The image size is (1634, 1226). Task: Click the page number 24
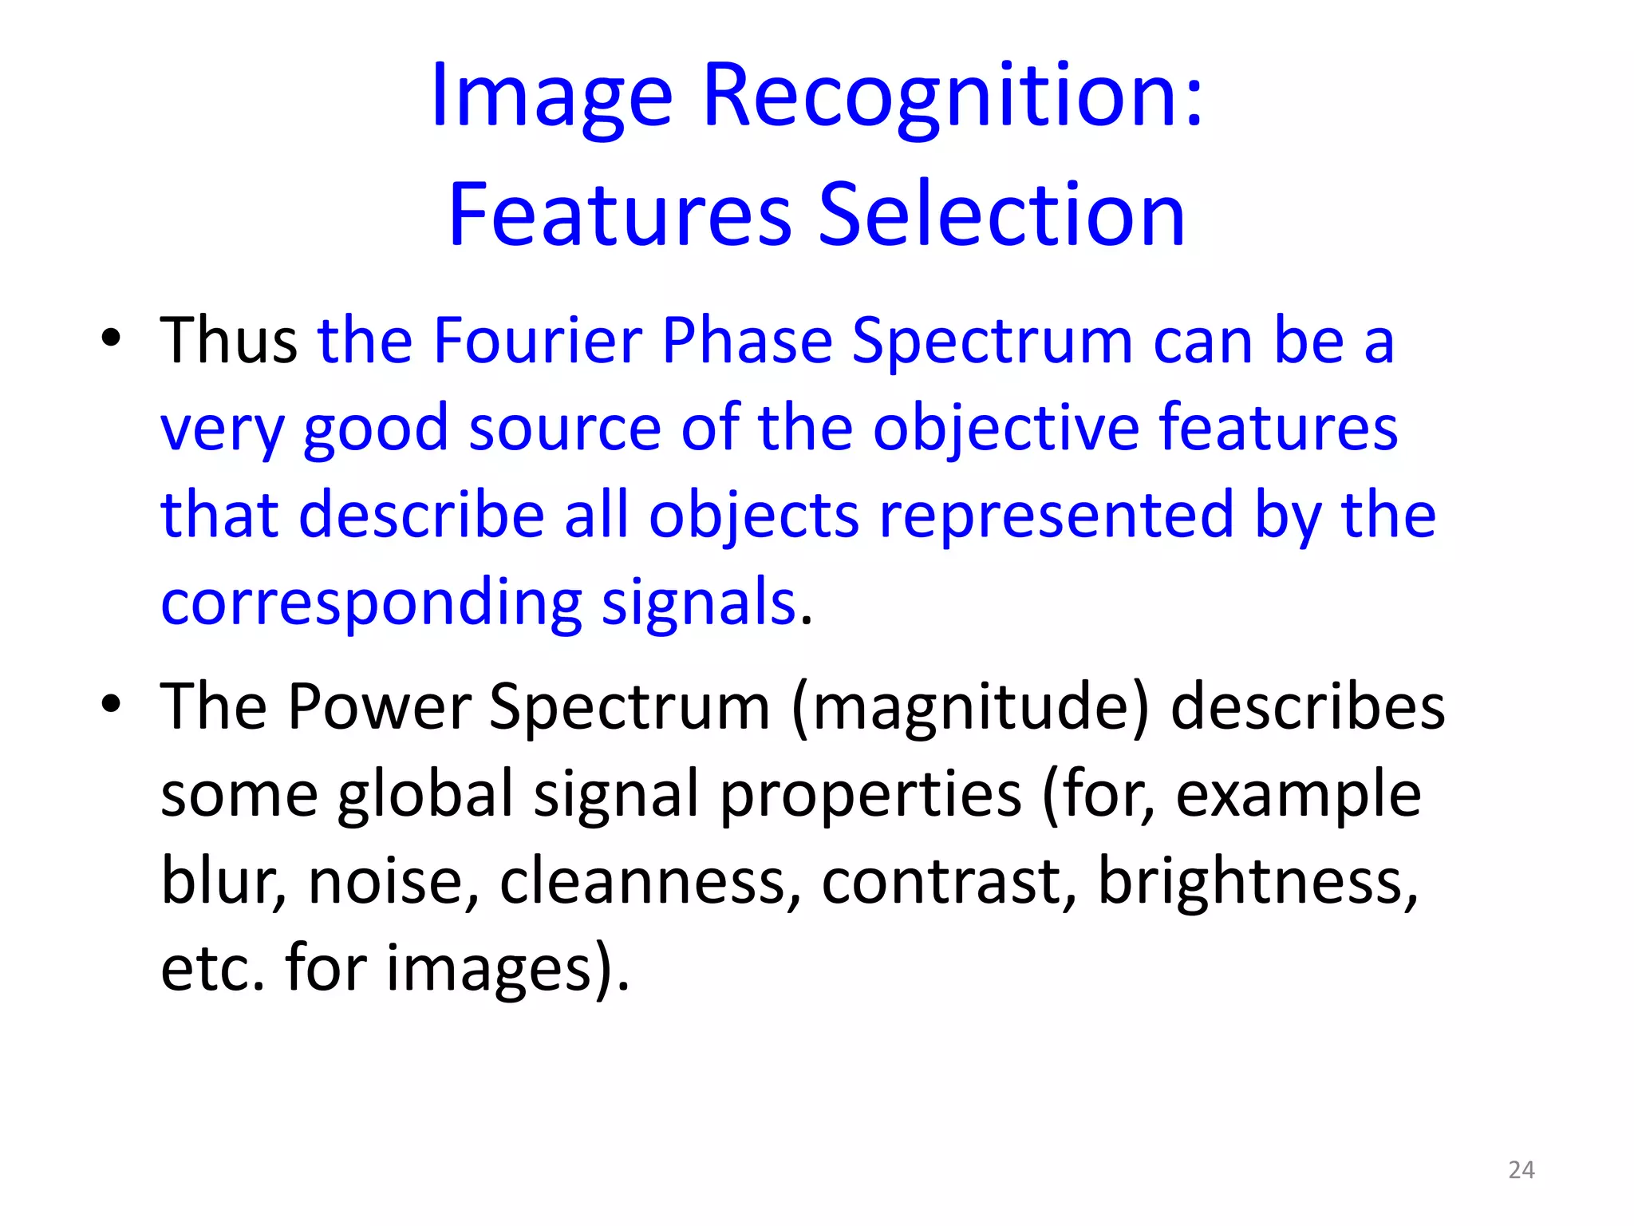click(x=1522, y=1170)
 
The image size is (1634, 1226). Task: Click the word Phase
click(x=748, y=341)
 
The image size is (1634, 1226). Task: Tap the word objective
click(x=1006, y=429)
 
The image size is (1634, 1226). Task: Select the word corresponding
click(x=372, y=603)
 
